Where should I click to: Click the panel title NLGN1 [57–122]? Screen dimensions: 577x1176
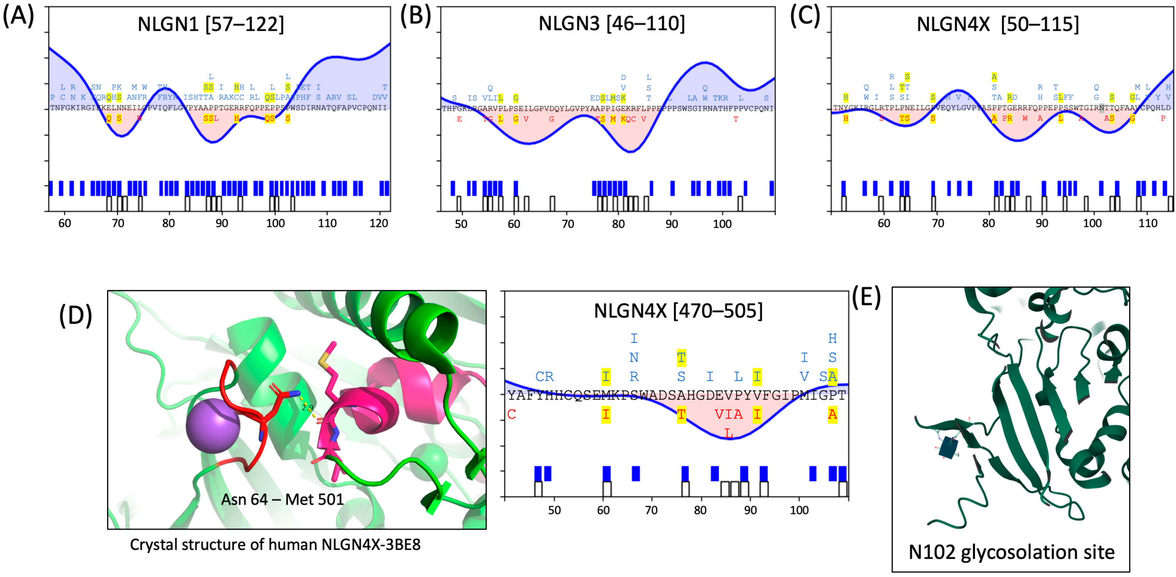coord(210,24)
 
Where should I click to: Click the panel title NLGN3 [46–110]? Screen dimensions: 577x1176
coord(611,23)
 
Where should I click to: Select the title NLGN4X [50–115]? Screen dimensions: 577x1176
coord(998,24)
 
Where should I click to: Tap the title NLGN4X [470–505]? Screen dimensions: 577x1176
coord(678,311)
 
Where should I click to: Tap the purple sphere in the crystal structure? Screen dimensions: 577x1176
coord(213,426)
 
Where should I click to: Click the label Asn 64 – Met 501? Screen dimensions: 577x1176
coord(282,499)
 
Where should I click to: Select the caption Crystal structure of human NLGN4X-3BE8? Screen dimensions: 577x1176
coord(275,544)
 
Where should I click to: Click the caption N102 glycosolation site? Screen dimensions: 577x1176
coord(1011,552)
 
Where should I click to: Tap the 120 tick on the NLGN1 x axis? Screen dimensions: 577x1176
coord(378,223)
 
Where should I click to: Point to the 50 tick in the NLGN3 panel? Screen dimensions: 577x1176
coord(461,224)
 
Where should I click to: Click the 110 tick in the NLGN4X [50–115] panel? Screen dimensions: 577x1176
coord(1147,223)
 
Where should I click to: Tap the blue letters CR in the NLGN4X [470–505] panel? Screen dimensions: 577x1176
coord(544,377)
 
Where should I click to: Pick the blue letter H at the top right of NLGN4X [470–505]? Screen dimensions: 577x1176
coord(832,338)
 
